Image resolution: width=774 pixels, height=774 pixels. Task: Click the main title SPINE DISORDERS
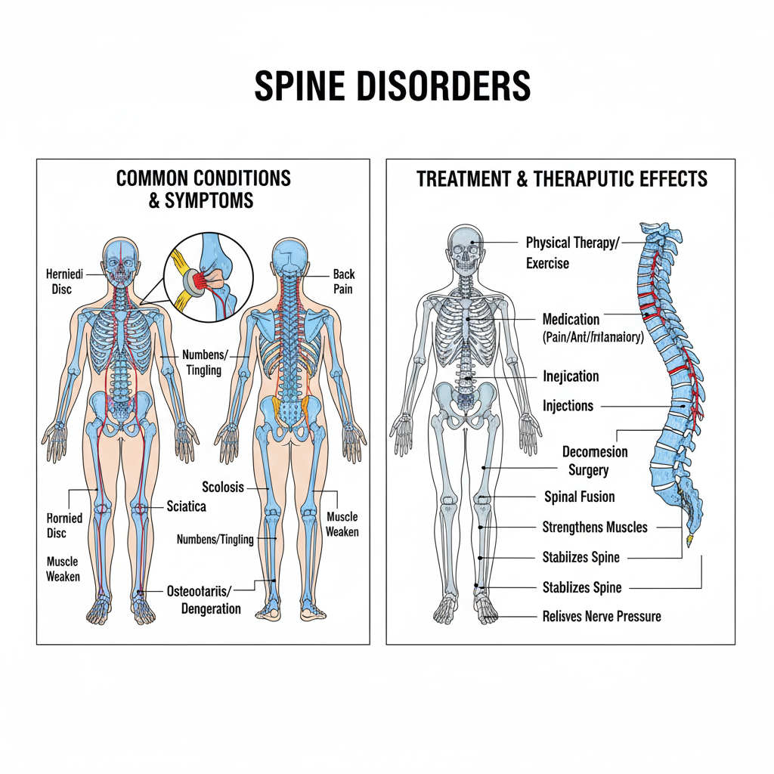coord(392,86)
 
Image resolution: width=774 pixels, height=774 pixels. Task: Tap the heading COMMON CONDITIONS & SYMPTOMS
coord(203,189)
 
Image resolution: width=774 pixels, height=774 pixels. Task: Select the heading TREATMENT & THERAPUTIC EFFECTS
coord(562,179)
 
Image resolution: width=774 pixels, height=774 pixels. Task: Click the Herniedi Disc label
coord(64,281)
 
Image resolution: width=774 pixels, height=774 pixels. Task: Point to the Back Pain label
coord(343,281)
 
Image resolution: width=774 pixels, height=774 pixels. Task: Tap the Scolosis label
coord(223,488)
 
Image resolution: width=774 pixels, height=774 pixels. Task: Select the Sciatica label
coord(186,506)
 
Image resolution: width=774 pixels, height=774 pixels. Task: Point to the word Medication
coord(571,319)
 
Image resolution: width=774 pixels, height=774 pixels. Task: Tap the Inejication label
coord(571,376)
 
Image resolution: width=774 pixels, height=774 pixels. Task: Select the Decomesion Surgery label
coord(595,461)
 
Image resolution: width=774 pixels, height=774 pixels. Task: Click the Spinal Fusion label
coord(579,497)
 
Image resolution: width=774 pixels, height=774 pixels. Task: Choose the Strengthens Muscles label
coord(595,528)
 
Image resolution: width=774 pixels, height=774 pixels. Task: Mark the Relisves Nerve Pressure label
coord(602,616)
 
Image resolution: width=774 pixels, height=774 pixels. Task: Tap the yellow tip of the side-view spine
coord(689,541)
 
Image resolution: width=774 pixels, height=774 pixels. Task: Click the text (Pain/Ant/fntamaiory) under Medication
coord(593,338)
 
